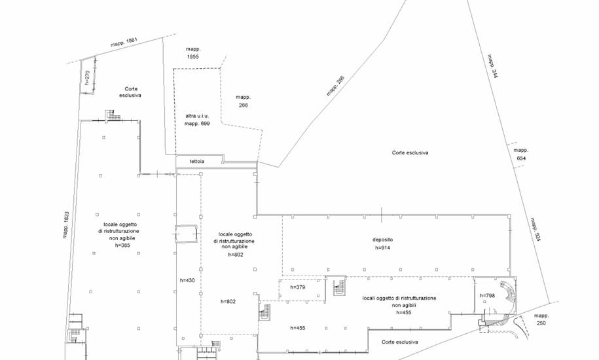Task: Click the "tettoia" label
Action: (x=197, y=162)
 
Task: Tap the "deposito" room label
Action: (x=382, y=240)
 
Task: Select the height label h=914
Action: (x=382, y=248)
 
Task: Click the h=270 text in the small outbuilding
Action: (x=87, y=77)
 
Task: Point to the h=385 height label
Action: (x=122, y=245)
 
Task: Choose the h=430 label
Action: (x=187, y=280)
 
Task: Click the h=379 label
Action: (x=298, y=287)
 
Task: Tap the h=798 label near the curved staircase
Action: (x=488, y=295)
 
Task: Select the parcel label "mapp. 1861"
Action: (x=124, y=43)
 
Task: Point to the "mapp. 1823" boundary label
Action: (x=66, y=225)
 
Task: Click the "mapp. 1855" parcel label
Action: (x=193, y=52)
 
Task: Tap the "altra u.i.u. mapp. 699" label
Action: (x=197, y=120)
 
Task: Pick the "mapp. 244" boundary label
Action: (x=492, y=66)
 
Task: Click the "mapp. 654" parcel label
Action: (x=520, y=154)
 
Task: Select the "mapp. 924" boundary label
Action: (x=535, y=230)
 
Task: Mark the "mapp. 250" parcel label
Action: (x=541, y=319)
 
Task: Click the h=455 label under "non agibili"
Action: (x=404, y=313)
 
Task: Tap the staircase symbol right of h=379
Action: (x=339, y=287)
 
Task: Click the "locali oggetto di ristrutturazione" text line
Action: (x=399, y=298)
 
